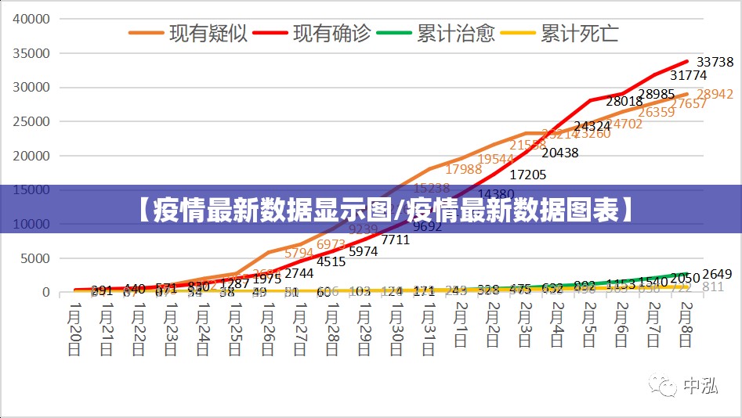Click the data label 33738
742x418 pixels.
point(715,62)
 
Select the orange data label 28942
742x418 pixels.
point(715,94)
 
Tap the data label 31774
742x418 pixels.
point(689,76)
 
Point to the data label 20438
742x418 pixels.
point(559,153)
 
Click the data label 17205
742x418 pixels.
point(527,175)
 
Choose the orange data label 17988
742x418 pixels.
point(464,169)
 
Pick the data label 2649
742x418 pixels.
point(717,274)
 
